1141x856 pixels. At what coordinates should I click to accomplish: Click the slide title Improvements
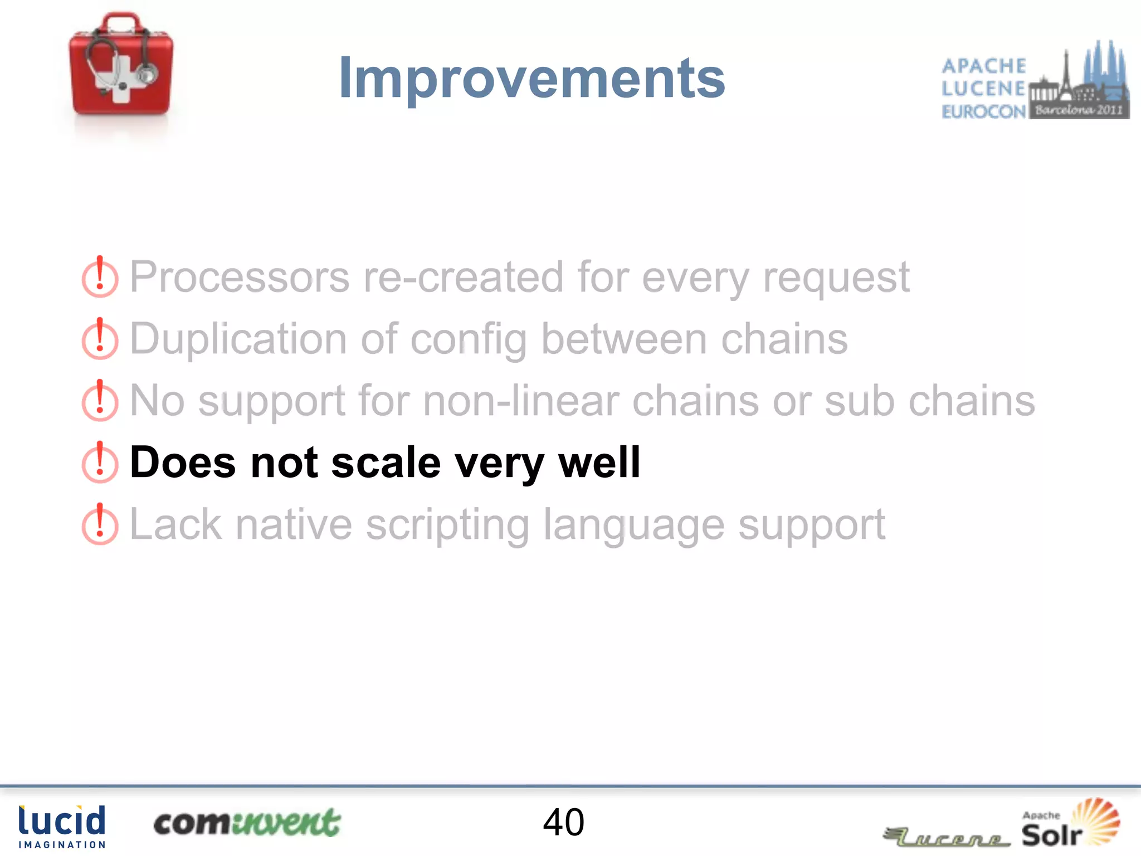click(532, 79)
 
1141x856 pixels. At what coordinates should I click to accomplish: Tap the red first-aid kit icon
click(121, 65)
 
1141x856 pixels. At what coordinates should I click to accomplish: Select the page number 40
click(563, 823)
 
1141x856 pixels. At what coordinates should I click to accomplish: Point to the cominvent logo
click(247, 823)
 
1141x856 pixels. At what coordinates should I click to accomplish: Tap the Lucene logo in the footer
click(947, 836)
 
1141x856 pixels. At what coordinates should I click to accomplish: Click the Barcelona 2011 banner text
click(1079, 110)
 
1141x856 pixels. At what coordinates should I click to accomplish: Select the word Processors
click(240, 277)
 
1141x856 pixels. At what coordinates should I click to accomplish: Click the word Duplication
click(238, 339)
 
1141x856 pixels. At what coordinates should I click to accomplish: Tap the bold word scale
click(386, 463)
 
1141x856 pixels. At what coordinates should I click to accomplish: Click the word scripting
click(447, 524)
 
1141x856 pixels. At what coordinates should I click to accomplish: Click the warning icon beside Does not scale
click(100, 463)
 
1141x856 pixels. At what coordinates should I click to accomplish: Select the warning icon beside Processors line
click(100, 278)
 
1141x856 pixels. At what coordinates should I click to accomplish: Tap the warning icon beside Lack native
click(100, 525)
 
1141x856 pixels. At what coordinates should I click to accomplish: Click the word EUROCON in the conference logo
click(983, 111)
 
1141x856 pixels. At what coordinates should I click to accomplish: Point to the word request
click(836, 277)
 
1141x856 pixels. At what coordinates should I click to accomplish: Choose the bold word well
click(599, 463)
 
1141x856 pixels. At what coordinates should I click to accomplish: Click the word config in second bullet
click(468, 339)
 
